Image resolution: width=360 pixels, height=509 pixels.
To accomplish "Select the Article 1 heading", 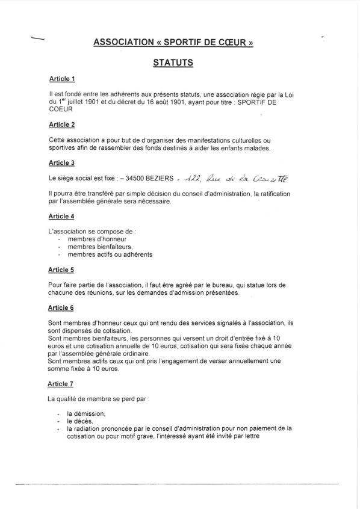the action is (61, 79).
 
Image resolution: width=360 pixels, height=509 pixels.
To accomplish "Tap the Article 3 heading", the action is (61, 162).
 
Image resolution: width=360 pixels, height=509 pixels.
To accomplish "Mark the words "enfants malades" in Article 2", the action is (247, 148).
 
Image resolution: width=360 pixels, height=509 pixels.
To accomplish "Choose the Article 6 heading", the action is (61, 307).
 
